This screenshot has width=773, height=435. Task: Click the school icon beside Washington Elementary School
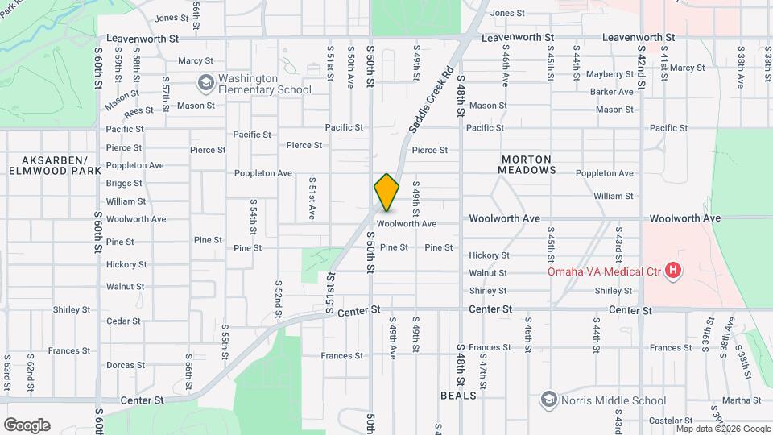pos(206,83)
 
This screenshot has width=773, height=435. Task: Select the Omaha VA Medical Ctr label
pos(604,271)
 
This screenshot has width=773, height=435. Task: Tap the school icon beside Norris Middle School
pos(549,400)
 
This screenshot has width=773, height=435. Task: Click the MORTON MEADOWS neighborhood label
pos(527,164)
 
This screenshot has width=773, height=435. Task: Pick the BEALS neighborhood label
pos(458,396)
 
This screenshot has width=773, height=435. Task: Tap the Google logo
pos(27,425)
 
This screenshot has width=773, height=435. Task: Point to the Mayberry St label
pos(611,74)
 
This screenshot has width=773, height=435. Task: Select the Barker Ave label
pos(611,92)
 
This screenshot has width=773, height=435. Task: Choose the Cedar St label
pos(123,321)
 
